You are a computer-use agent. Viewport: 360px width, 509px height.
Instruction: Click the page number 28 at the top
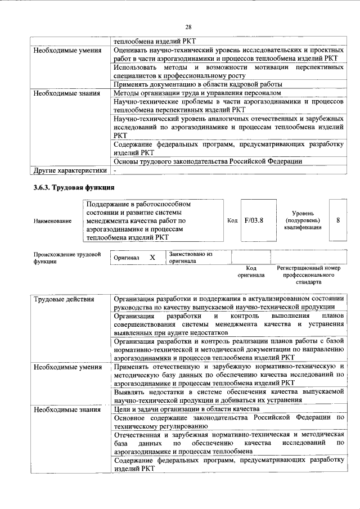(x=188, y=26)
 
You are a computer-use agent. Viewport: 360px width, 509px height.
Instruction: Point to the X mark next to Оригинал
(x=152, y=257)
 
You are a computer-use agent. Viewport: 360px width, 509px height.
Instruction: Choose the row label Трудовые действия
(x=63, y=299)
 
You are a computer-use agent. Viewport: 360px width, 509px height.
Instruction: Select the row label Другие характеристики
(x=69, y=169)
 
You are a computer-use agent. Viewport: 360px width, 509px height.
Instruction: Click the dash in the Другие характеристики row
(x=115, y=169)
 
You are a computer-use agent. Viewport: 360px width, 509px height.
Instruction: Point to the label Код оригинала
(x=251, y=272)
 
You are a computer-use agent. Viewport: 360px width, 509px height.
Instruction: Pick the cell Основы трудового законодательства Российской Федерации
(x=208, y=161)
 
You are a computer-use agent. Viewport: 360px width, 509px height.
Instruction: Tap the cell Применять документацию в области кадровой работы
(x=197, y=84)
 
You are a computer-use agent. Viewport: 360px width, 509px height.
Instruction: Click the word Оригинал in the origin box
(x=127, y=258)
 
